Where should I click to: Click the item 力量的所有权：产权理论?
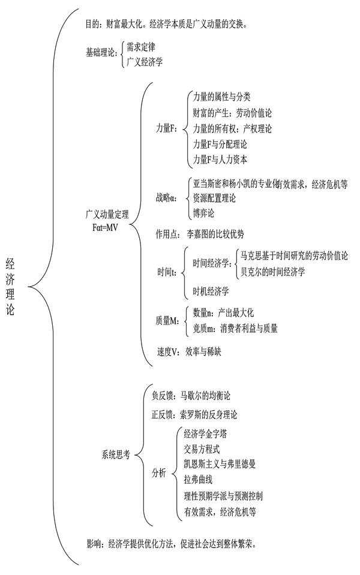[233, 128]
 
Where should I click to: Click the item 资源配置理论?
[214, 198]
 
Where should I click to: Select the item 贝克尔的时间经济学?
[272, 271]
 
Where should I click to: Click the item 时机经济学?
[211, 292]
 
